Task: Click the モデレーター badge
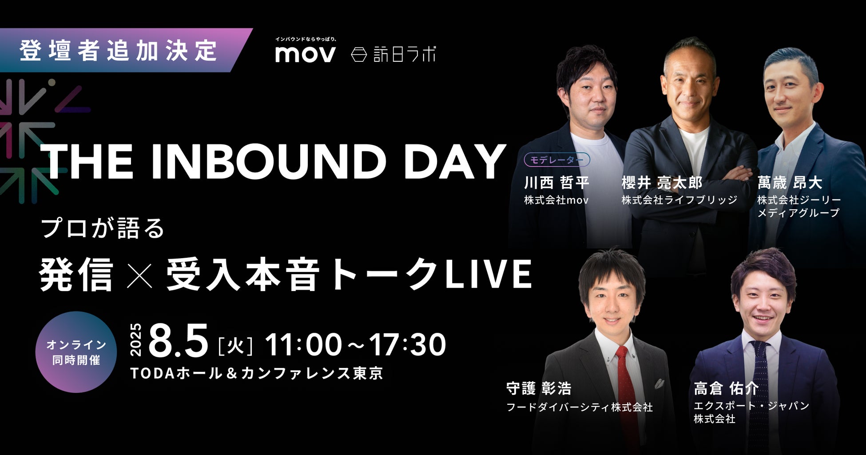tap(557, 160)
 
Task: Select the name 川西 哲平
tap(557, 183)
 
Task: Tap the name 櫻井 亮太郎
tap(662, 183)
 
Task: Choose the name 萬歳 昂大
tap(790, 183)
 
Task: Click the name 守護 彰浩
tap(539, 389)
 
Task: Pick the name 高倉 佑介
tap(727, 389)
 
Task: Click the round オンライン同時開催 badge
tap(76, 352)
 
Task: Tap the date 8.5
tap(179, 340)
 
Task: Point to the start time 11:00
tap(303, 344)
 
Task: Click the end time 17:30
tap(407, 344)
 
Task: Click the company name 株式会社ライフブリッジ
tap(679, 200)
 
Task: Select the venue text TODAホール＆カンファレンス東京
tap(257, 373)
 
